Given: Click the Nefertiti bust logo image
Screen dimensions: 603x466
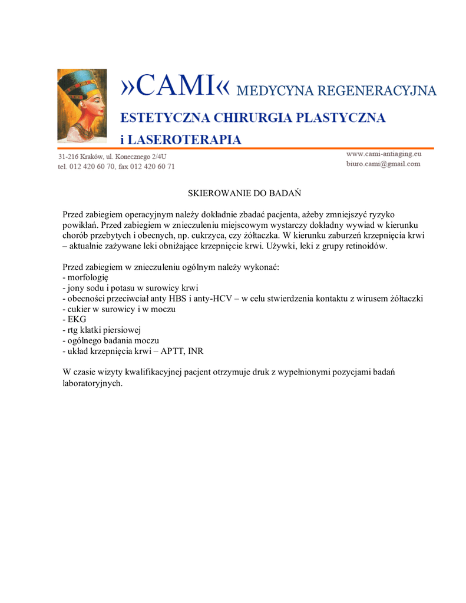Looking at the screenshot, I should tap(82, 105).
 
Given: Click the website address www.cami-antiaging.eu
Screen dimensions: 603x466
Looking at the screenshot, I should tap(384, 154).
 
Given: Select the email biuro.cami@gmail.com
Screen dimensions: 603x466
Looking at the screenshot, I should tap(383, 164).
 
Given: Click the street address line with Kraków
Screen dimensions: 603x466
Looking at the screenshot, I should tap(112, 157).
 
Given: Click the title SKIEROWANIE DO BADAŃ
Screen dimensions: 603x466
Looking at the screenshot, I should tap(244, 193).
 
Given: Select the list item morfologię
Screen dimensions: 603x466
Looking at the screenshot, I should tap(88, 277).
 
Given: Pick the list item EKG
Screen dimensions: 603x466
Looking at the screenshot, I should tap(77, 320).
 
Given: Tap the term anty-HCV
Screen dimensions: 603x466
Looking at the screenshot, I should tap(218, 299).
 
